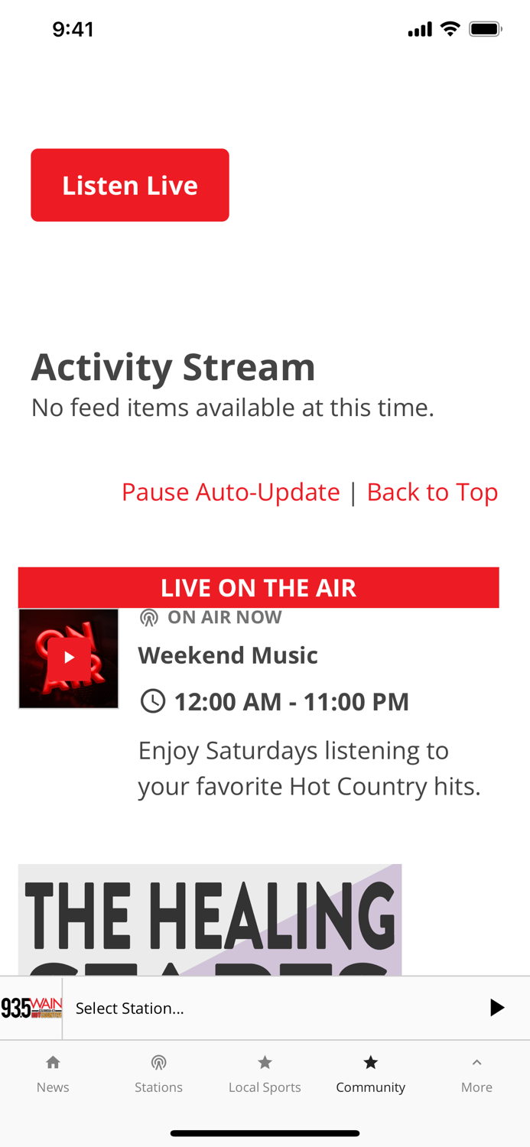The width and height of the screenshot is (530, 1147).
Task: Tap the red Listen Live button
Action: [130, 185]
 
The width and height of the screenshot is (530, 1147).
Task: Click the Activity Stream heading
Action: [173, 367]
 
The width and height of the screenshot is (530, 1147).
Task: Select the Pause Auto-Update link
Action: [230, 492]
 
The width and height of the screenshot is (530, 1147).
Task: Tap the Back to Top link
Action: [432, 492]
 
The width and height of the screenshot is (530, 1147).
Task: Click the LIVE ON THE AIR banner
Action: [258, 587]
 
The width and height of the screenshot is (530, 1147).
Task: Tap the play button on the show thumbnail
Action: [69, 658]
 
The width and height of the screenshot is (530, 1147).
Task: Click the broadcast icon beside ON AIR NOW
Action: [149, 618]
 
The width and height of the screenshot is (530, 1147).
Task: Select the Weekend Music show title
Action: [228, 655]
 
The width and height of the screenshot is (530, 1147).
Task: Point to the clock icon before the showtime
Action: [153, 701]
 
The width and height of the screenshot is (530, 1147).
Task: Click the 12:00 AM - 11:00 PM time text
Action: [291, 702]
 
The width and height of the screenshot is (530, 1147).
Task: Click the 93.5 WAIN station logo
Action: [31, 1008]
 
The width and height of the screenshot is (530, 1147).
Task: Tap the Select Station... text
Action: [130, 1009]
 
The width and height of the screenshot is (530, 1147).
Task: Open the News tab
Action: [53, 1074]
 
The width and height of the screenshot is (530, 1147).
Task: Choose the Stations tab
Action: [158, 1074]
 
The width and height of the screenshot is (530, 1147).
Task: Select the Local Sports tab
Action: [265, 1074]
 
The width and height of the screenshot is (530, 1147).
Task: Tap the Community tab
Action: [370, 1074]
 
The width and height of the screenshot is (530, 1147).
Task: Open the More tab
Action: [476, 1074]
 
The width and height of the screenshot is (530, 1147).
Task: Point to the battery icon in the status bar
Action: [485, 29]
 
